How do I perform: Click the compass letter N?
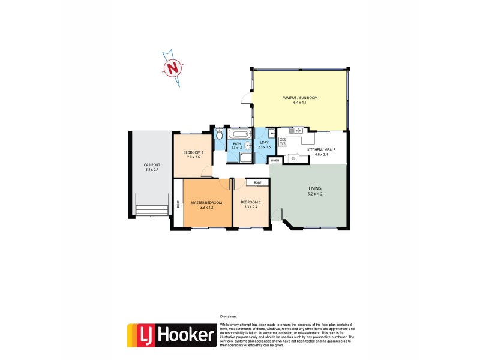pos(173,68)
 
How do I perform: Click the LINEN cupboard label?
pos(275,161)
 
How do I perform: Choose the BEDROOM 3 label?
pos(193,152)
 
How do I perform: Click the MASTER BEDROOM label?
pos(206,203)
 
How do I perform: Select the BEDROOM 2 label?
pos(251,203)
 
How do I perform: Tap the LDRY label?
pos(264,142)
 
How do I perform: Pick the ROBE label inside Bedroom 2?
pos(257,182)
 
